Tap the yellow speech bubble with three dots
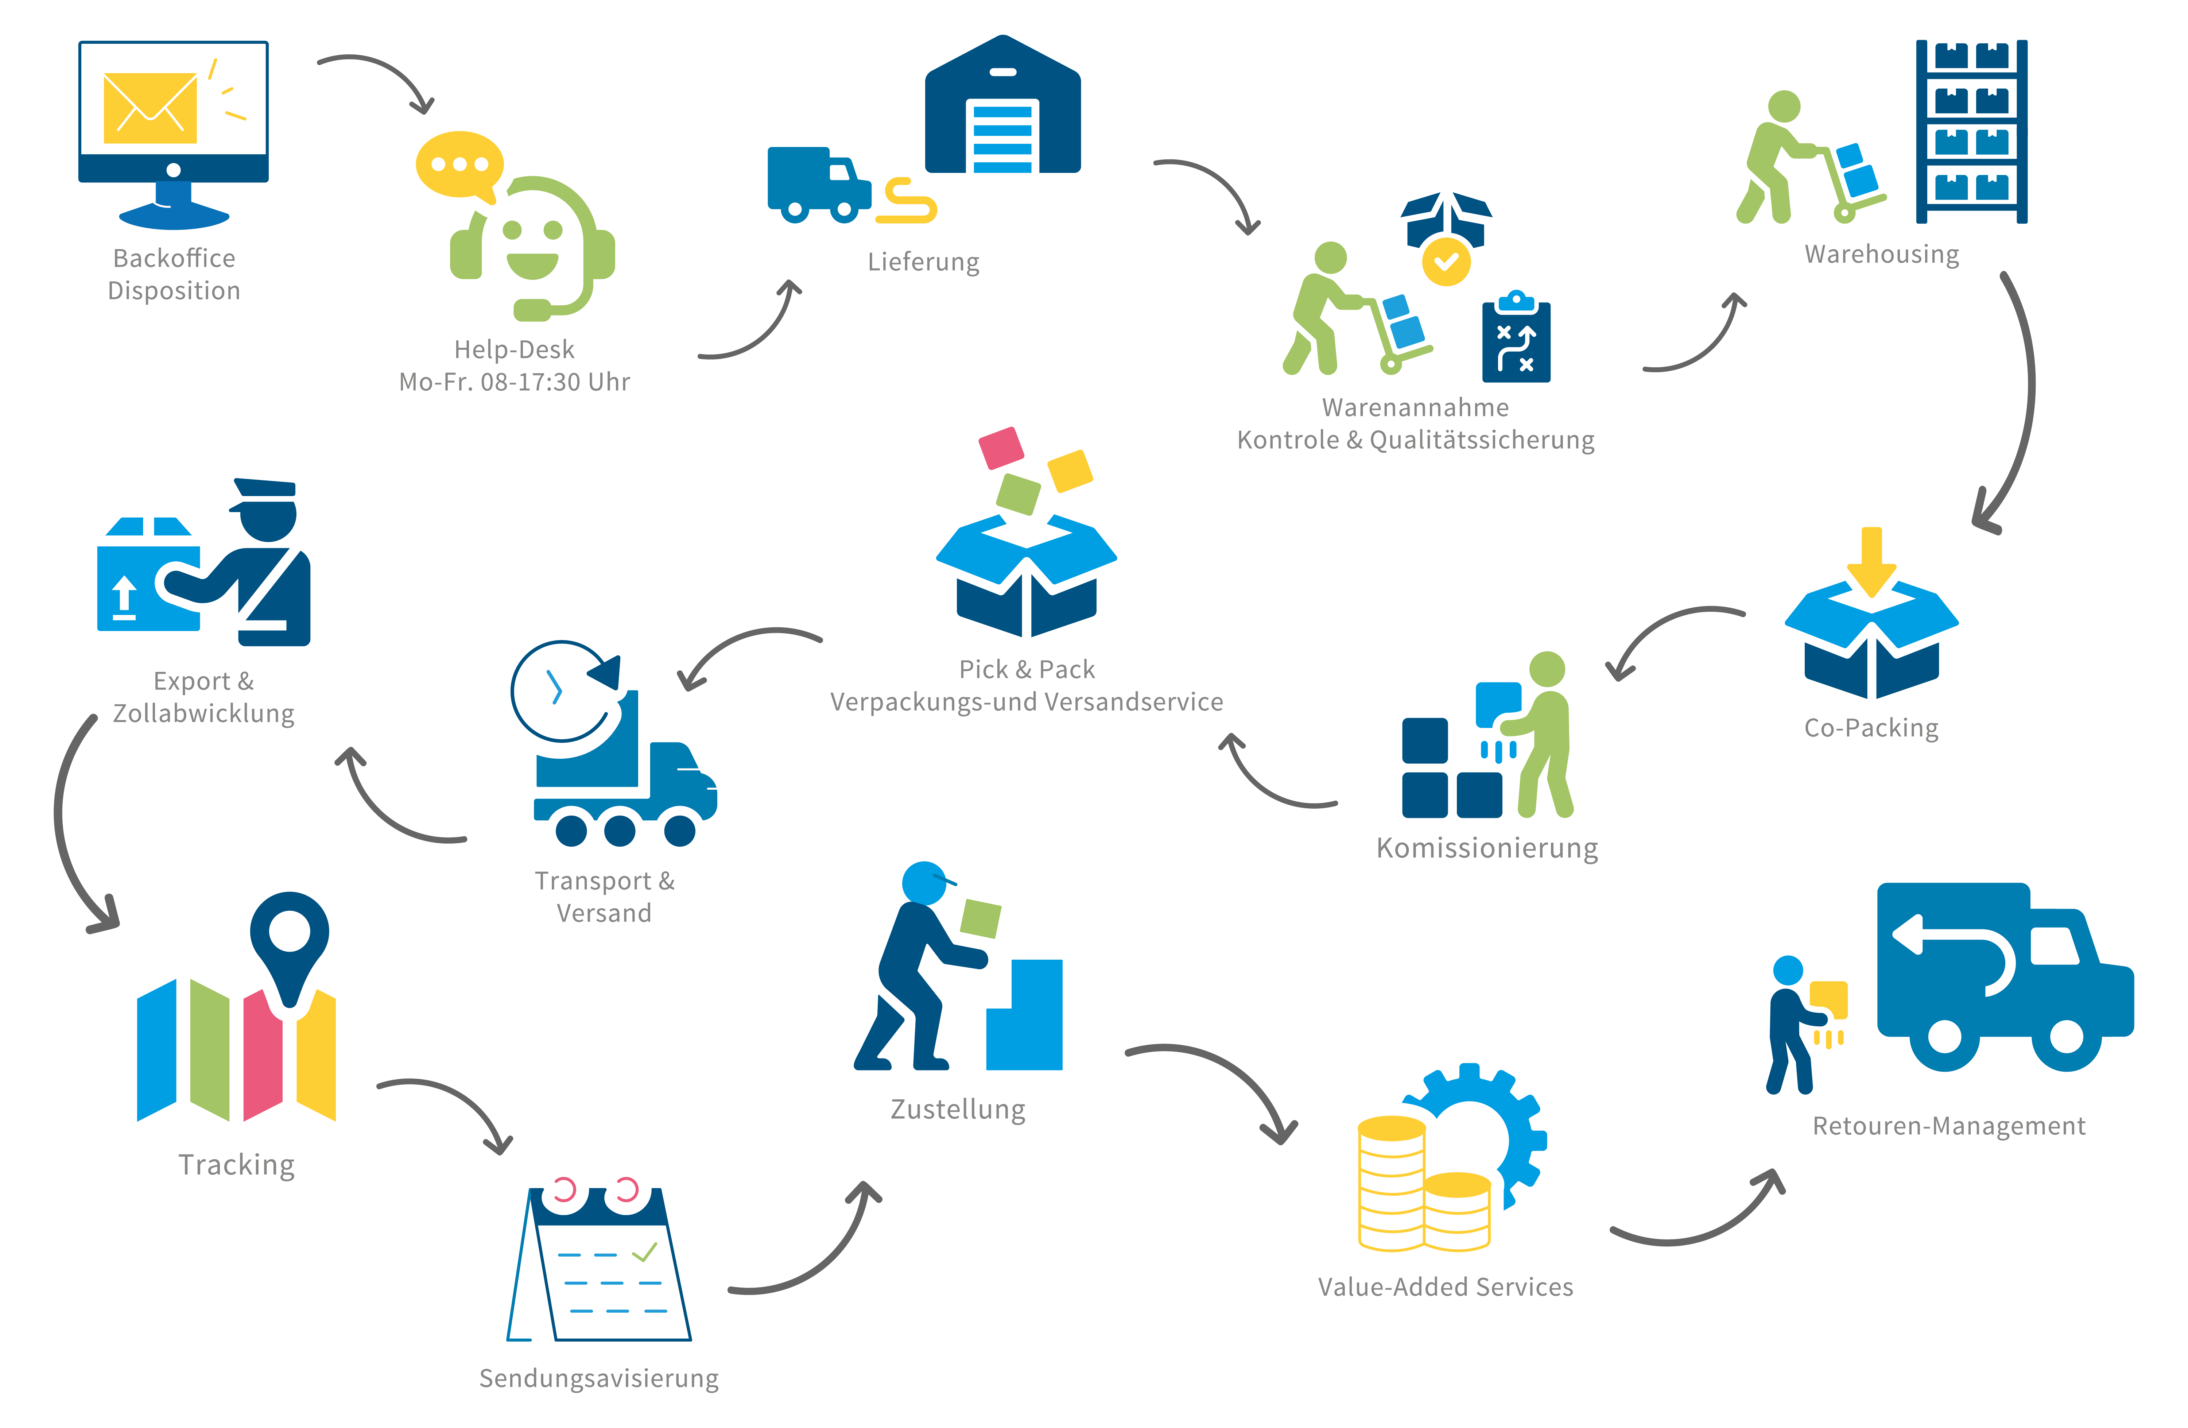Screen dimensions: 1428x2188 point(459,165)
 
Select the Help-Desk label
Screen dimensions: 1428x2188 point(514,349)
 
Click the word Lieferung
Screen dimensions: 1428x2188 point(923,262)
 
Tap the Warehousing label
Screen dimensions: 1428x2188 point(1881,254)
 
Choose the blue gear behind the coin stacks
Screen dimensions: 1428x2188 point(1494,1126)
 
